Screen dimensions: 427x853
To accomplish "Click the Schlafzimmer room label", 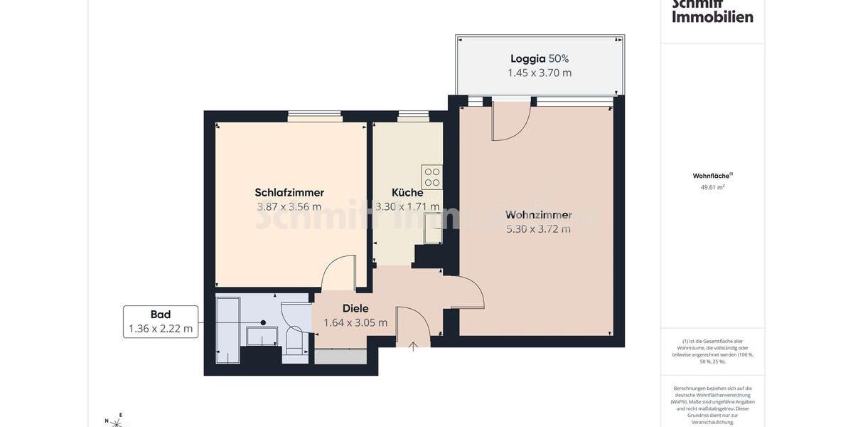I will coord(289,192).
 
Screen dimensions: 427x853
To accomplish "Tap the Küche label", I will coord(407,192).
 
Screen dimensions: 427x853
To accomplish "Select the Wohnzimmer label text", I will coord(539,214).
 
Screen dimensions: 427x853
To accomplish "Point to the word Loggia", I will coord(527,58).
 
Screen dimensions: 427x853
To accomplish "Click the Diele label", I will coord(355,308).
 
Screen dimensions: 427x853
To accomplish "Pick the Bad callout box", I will coord(161,322).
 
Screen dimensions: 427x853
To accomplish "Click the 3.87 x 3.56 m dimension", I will coord(289,207).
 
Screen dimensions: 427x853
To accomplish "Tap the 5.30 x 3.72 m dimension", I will coord(539,229).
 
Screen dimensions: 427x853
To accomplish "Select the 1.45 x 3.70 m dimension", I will coord(540,73).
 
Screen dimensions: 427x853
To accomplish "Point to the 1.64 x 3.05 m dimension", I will coord(355,322).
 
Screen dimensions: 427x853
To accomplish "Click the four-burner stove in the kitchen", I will coord(431,176).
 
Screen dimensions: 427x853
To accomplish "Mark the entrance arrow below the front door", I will coord(413,347).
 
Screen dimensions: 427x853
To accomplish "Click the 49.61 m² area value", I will coord(712,188).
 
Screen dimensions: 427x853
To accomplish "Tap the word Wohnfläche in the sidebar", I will coord(712,176).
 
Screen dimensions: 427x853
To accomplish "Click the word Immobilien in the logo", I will coord(712,16).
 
